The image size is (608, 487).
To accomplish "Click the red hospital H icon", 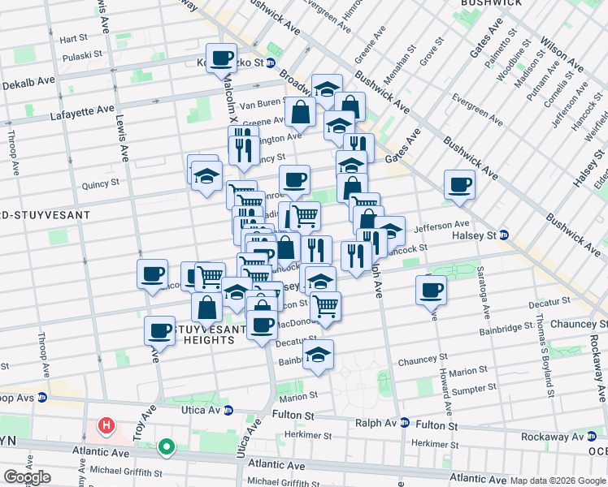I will pos(106,425).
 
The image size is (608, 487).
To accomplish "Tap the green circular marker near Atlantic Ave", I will pos(167,446).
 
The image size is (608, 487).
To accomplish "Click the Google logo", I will pos(27,477).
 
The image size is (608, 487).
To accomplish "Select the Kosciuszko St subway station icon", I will pos(271,62).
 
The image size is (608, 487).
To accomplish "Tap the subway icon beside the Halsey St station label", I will pos(504,235).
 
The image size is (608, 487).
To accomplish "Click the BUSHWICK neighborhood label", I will pos(490,3).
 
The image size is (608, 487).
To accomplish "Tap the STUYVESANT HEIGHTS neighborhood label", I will pos(208,335).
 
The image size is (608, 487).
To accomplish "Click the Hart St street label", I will pos(73,38).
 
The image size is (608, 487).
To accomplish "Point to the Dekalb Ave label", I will pos(29,81).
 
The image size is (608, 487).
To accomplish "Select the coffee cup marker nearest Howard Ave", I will pos(431,289).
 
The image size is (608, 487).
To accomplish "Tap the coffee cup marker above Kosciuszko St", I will pos(221,58).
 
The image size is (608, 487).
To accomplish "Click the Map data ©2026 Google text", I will pos(558,481).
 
